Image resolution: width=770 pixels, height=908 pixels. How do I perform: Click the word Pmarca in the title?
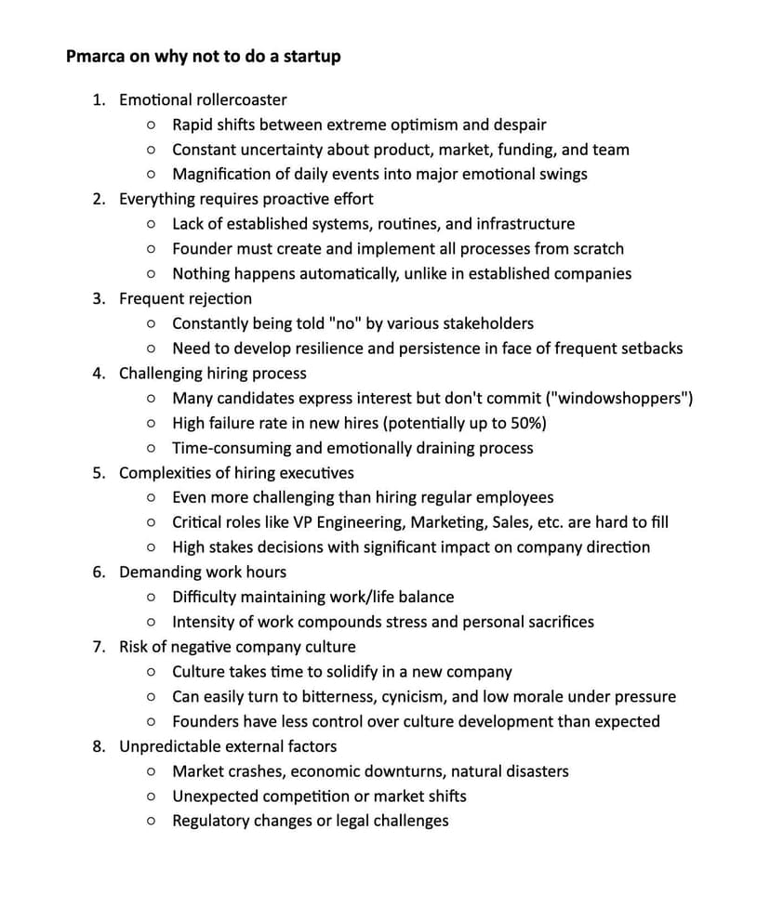[96, 56]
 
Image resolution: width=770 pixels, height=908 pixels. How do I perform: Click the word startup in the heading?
[309, 57]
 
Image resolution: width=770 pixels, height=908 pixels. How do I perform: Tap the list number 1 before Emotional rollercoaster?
[98, 99]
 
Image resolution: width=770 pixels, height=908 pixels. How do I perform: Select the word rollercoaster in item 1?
[242, 99]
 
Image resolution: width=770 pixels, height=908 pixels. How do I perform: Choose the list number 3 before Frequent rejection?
[98, 298]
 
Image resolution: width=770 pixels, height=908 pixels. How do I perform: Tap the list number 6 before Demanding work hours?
[98, 572]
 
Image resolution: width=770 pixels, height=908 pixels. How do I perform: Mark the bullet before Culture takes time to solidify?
[151, 672]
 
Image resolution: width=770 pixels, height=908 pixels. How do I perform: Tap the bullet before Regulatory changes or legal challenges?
[151, 822]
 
